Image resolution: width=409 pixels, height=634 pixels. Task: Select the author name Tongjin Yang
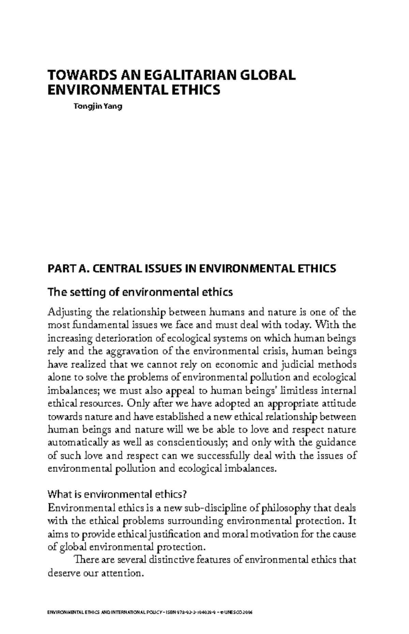click(98, 106)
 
